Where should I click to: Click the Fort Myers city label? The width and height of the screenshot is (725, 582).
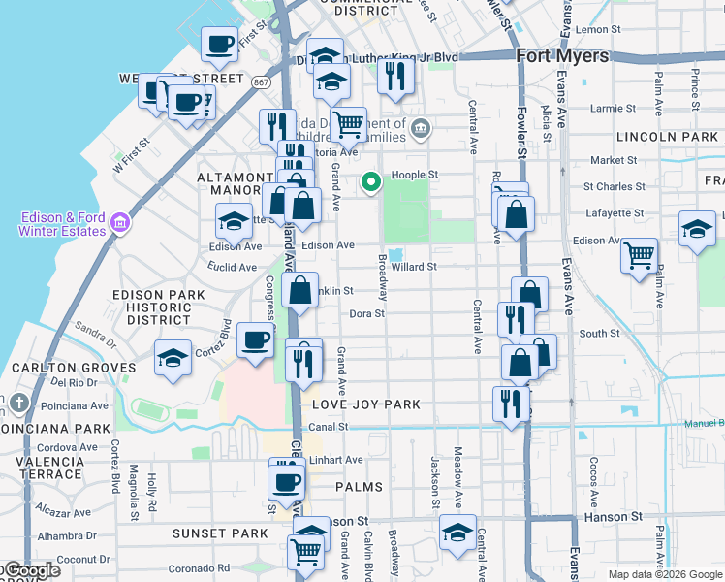pos(562,55)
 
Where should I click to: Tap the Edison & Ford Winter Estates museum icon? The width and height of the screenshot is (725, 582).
pos(120,224)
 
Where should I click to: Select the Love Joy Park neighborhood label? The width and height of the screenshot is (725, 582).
pos(366,404)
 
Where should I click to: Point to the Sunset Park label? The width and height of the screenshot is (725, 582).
pos(220,533)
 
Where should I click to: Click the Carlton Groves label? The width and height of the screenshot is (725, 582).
pos(74,368)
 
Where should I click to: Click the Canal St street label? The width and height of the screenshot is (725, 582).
pos(328,427)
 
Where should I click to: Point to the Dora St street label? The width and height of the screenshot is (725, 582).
pos(367,313)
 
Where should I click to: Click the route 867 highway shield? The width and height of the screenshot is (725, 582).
pos(263,82)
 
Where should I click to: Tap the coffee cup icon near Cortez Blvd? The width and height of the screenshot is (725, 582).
pos(256,340)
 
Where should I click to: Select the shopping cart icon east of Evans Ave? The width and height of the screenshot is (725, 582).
pos(640,255)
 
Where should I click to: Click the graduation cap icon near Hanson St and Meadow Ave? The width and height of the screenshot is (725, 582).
pos(457,532)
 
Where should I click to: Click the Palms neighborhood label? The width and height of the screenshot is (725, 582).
pos(360,486)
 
